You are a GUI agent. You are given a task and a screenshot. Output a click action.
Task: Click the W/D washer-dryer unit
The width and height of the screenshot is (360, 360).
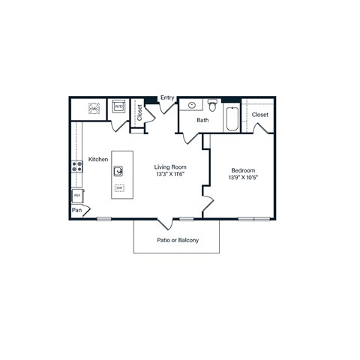[x=118, y=107]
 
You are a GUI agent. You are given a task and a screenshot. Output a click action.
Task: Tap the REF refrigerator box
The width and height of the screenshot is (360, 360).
[x=76, y=196]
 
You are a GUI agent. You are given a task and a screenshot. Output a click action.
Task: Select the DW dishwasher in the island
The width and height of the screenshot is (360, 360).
[x=120, y=187]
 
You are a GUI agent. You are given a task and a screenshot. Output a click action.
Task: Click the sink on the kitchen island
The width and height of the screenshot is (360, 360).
[x=119, y=171]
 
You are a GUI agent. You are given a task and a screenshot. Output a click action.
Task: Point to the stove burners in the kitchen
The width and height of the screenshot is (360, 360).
[x=76, y=167]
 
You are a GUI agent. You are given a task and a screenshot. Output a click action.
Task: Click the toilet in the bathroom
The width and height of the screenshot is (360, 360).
[x=213, y=106]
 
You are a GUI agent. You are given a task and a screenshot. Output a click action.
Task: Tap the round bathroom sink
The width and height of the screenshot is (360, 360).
[x=192, y=106]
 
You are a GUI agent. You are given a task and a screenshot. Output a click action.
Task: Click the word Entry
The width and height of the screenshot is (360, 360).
[x=166, y=97]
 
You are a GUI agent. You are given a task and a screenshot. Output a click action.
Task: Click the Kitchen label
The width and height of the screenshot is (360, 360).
[x=99, y=159]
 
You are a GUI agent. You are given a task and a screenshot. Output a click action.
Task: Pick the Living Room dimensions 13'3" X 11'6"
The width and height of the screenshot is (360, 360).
[x=170, y=174]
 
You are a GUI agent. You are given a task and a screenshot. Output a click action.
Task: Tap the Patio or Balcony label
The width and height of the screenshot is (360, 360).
[x=176, y=241]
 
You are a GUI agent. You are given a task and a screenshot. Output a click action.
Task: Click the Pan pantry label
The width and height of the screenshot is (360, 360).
[x=76, y=211]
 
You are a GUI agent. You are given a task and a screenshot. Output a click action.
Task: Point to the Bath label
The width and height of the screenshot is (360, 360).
[x=202, y=120]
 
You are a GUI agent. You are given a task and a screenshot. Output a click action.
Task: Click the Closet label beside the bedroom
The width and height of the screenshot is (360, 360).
[x=260, y=115]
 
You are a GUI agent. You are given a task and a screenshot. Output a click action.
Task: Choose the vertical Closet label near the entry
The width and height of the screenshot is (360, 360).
[x=139, y=112]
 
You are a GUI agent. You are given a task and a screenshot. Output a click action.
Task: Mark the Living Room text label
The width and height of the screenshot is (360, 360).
[x=170, y=166]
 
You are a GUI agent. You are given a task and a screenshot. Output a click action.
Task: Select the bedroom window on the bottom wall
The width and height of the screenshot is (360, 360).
[x=254, y=219]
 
